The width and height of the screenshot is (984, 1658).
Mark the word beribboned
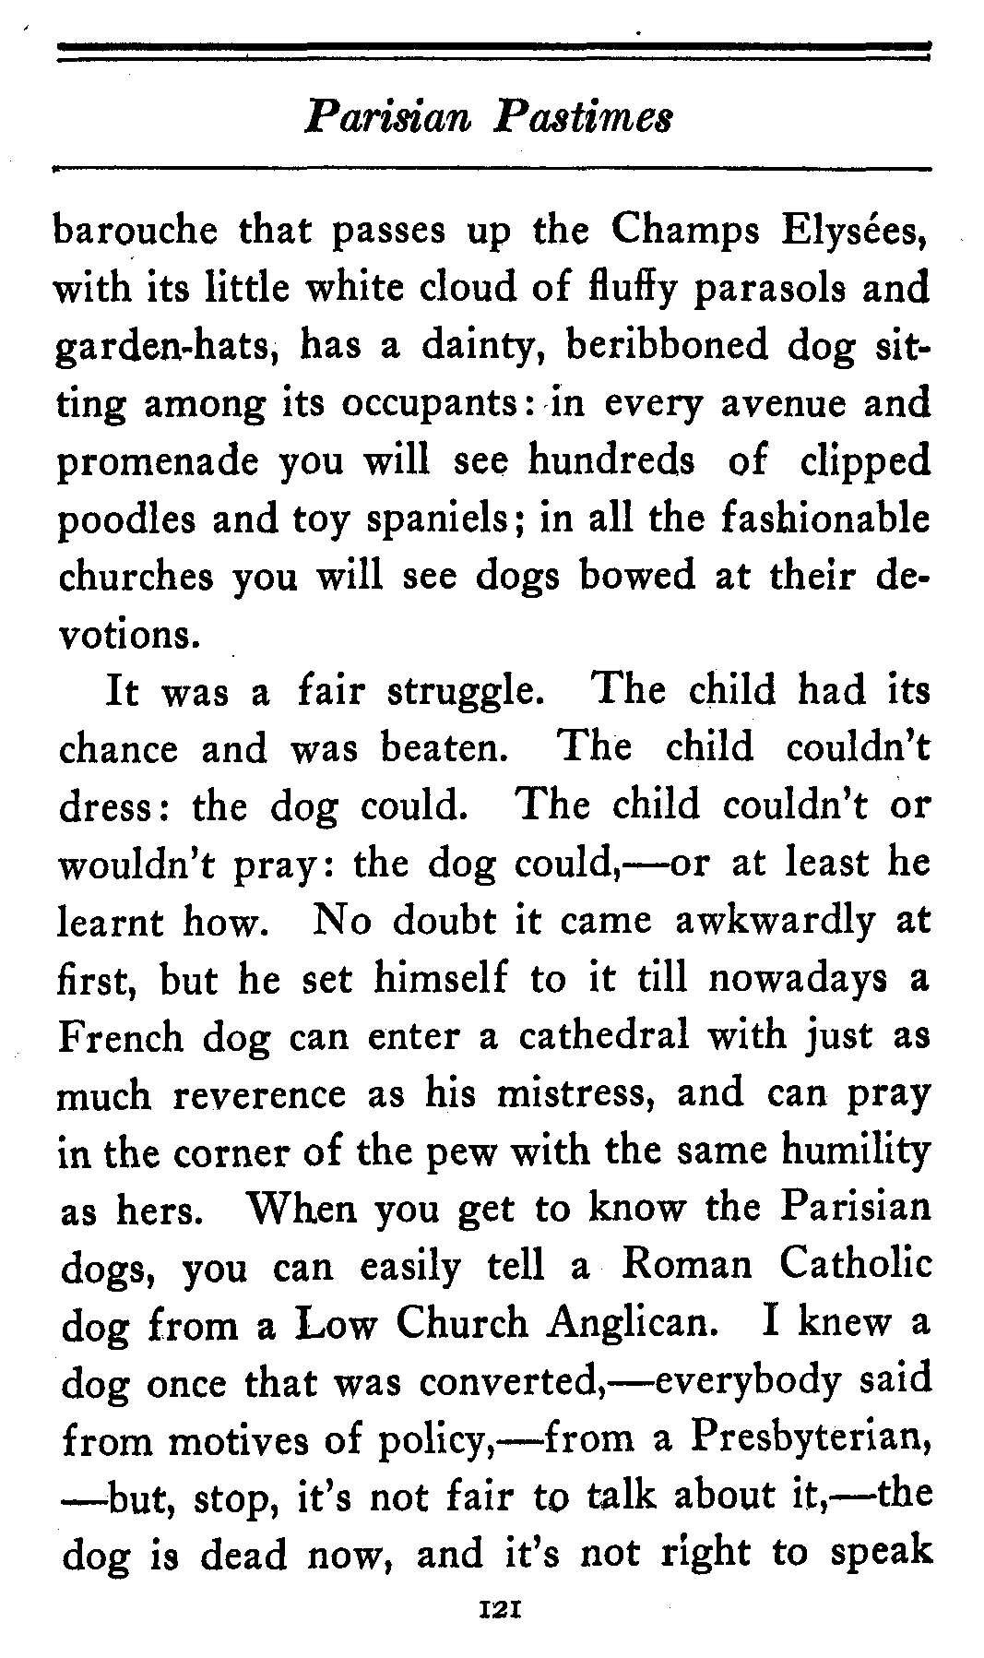(666, 346)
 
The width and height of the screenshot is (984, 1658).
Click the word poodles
(124, 519)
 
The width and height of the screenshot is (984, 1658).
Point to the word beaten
(440, 748)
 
